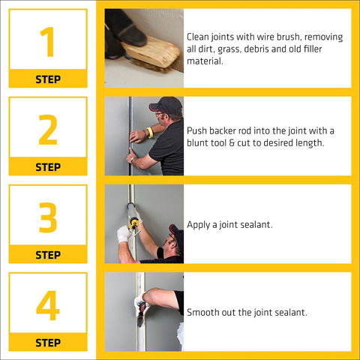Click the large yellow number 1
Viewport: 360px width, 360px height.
(x=48, y=42)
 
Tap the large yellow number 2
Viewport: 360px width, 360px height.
(x=48, y=130)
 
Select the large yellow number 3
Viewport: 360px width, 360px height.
(x=48, y=217)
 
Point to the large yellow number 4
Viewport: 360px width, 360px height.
(x=48, y=305)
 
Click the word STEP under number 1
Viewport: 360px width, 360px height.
(x=48, y=79)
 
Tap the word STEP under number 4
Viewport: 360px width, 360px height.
(x=48, y=343)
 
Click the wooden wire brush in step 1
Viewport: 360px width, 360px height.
(x=152, y=55)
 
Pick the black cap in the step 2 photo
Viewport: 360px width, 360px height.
(x=166, y=105)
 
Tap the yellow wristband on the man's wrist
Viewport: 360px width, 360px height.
(x=150, y=133)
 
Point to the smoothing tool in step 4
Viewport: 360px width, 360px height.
(x=142, y=313)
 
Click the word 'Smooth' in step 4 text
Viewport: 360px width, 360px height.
(x=201, y=312)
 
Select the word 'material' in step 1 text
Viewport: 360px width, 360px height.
(x=205, y=61)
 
